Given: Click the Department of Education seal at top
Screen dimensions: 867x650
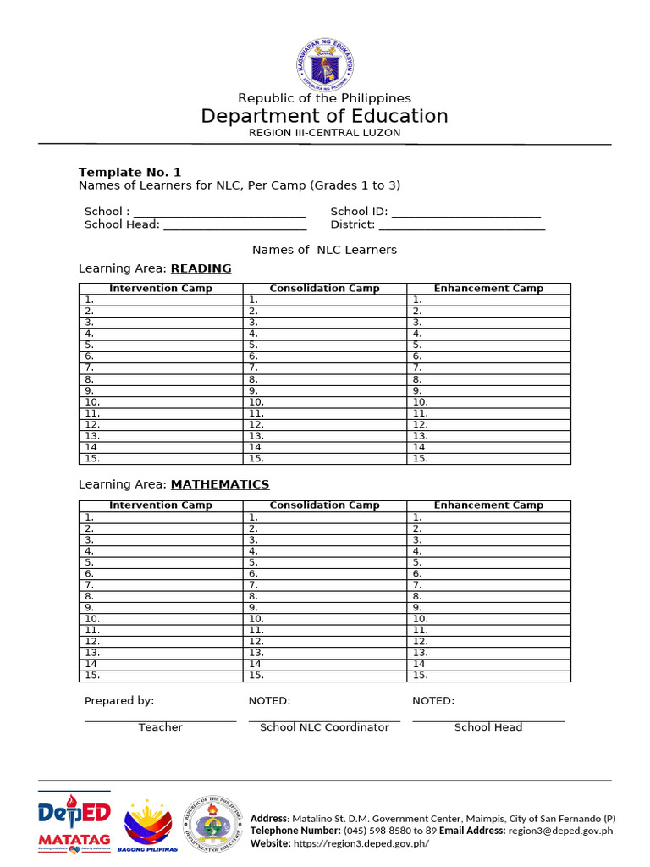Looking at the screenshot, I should pyautogui.click(x=325, y=63).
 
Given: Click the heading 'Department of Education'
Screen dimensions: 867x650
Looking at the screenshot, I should pyautogui.click(x=325, y=116).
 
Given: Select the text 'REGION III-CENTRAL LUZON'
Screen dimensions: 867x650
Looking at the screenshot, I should pyautogui.click(x=325, y=133).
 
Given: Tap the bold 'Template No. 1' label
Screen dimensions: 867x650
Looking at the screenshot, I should pyautogui.click(x=129, y=172).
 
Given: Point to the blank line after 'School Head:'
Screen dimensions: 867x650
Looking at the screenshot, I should pyautogui.click(x=234, y=226).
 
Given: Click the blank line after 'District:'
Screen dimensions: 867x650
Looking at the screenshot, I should pyautogui.click(x=461, y=226).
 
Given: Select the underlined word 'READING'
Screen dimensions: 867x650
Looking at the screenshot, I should pyautogui.click(x=201, y=268).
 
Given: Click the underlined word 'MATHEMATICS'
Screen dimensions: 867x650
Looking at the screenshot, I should pyautogui.click(x=220, y=484).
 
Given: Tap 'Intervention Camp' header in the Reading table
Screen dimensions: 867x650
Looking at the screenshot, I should pyautogui.click(x=161, y=289).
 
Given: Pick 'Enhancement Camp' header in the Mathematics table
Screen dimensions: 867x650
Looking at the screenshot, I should pyautogui.click(x=488, y=505).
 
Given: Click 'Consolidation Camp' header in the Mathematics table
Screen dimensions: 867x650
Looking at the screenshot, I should pyautogui.click(x=324, y=505).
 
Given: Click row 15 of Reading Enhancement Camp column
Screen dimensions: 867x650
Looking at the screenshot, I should pyautogui.click(x=488, y=459).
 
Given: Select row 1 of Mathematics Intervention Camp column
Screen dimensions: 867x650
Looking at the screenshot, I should pyautogui.click(x=161, y=517).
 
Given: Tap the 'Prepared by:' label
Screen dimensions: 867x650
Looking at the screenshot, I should pyautogui.click(x=119, y=701).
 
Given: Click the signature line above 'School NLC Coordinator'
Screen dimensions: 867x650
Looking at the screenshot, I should pyautogui.click(x=324, y=721).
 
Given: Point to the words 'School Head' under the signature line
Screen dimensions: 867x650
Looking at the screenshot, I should pyautogui.click(x=488, y=727).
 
